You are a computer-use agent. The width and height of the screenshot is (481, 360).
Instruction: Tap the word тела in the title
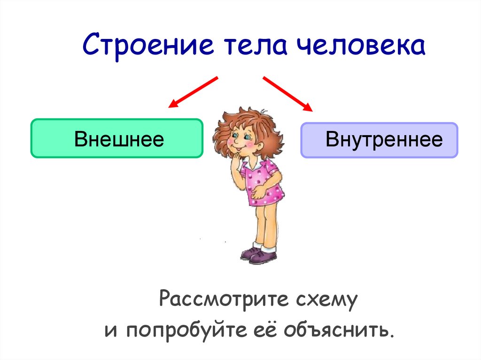tap(256, 46)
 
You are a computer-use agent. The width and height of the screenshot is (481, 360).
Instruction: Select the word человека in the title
tap(361, 46)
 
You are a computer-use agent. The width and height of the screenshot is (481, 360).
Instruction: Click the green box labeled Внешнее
tap(117, 138)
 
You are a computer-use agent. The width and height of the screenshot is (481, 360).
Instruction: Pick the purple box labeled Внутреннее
tap(379, 140)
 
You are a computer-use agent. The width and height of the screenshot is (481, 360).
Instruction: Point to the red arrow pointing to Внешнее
tap(193, 92)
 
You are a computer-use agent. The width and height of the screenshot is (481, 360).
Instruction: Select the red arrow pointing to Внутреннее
tap(288, 94)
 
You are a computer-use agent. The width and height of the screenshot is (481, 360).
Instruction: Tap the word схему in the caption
tap(327, 300)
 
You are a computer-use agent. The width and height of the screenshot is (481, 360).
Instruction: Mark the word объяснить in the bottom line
tap(339, 329)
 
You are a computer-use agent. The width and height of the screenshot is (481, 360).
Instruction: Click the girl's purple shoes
tap(259, 256)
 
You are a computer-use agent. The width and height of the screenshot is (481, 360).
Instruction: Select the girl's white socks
tap(264, 247)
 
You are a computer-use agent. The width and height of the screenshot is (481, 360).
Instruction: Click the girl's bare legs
tap(266, 224)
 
